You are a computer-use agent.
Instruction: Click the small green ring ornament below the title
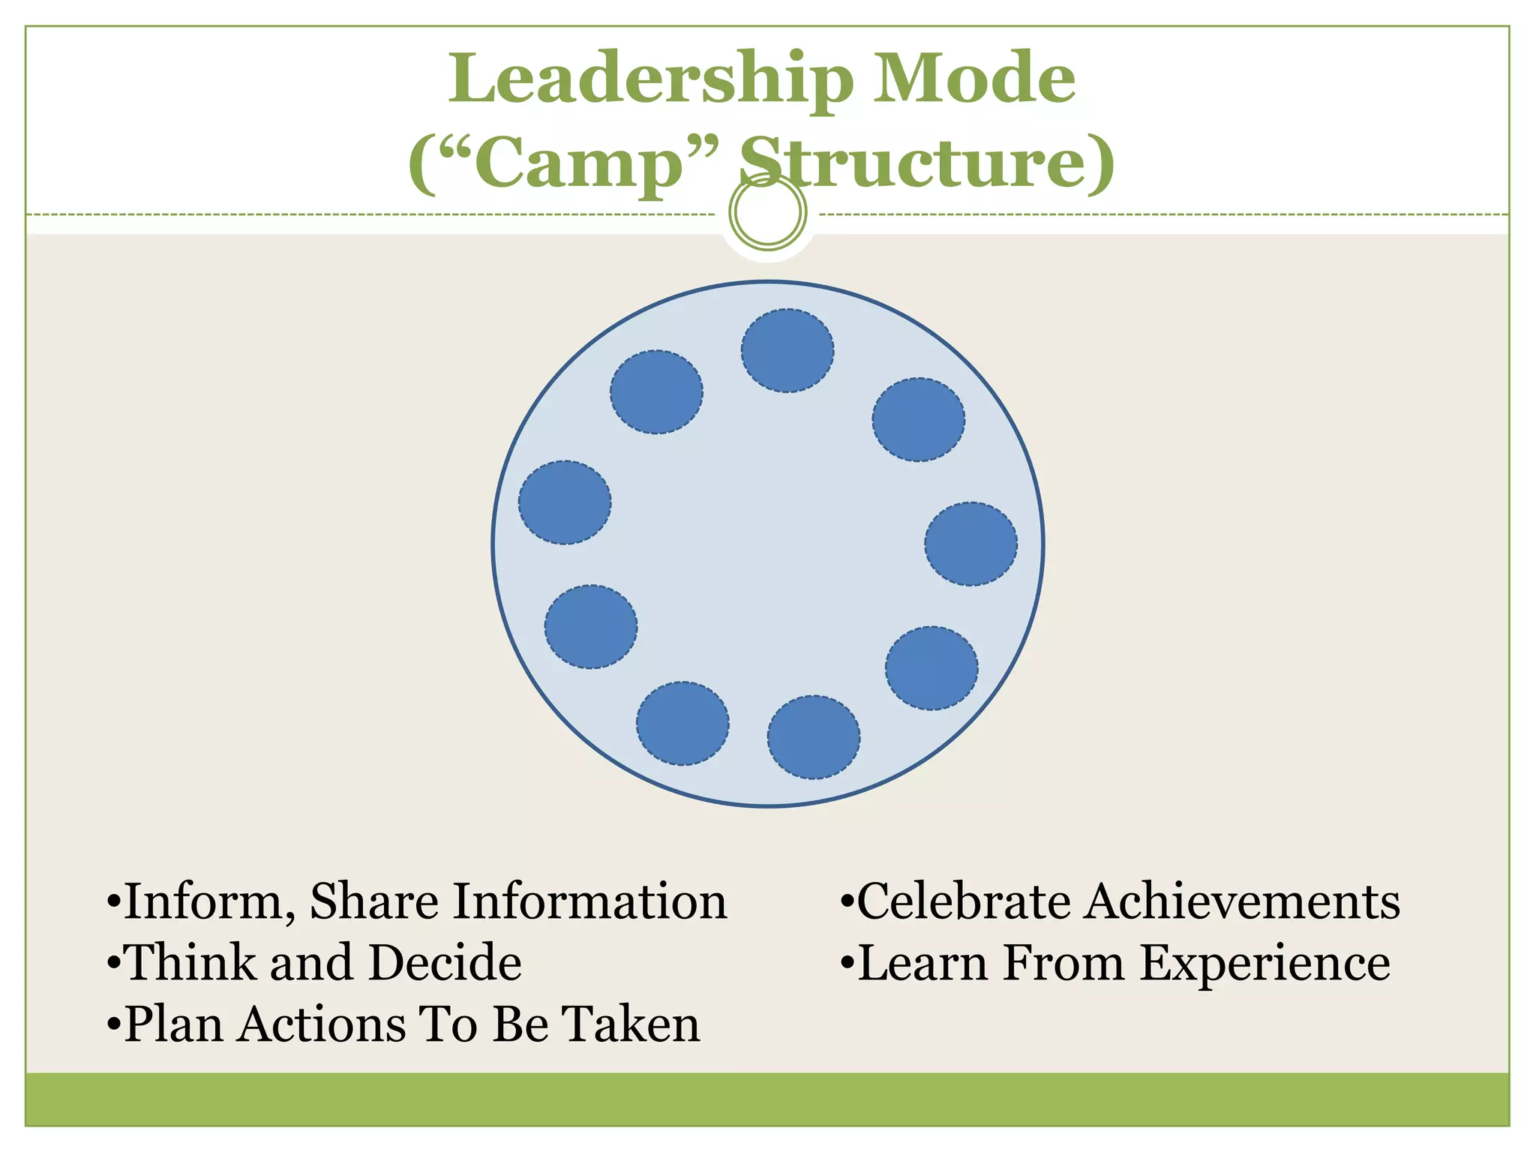(767, 212)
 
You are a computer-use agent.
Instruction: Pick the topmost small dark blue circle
(787, 350)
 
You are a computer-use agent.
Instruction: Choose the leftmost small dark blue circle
(565, 502)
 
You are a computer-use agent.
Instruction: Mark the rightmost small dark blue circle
(971, 544)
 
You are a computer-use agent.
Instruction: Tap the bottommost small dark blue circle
(814, 737)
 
